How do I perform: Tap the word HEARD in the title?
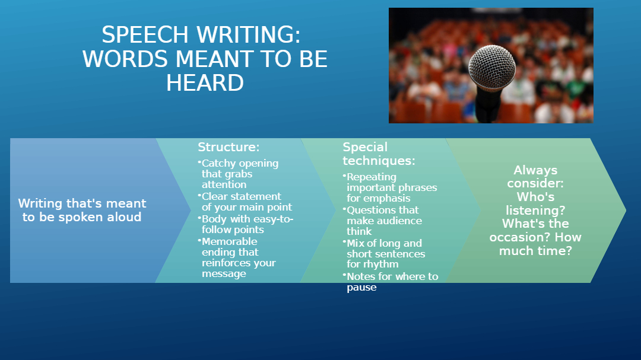[x=205, y=83]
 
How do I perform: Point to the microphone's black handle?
[x=488, y=106]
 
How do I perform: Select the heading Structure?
[x=229, y=147]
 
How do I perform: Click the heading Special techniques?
[x=379, y=154]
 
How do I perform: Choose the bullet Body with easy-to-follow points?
[x=246, y=224]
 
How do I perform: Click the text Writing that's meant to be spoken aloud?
[x=82, y=210]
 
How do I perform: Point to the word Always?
[x=535, y=170]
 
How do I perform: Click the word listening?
[x=535, y=211]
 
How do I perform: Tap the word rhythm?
[x=378, y=265]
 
